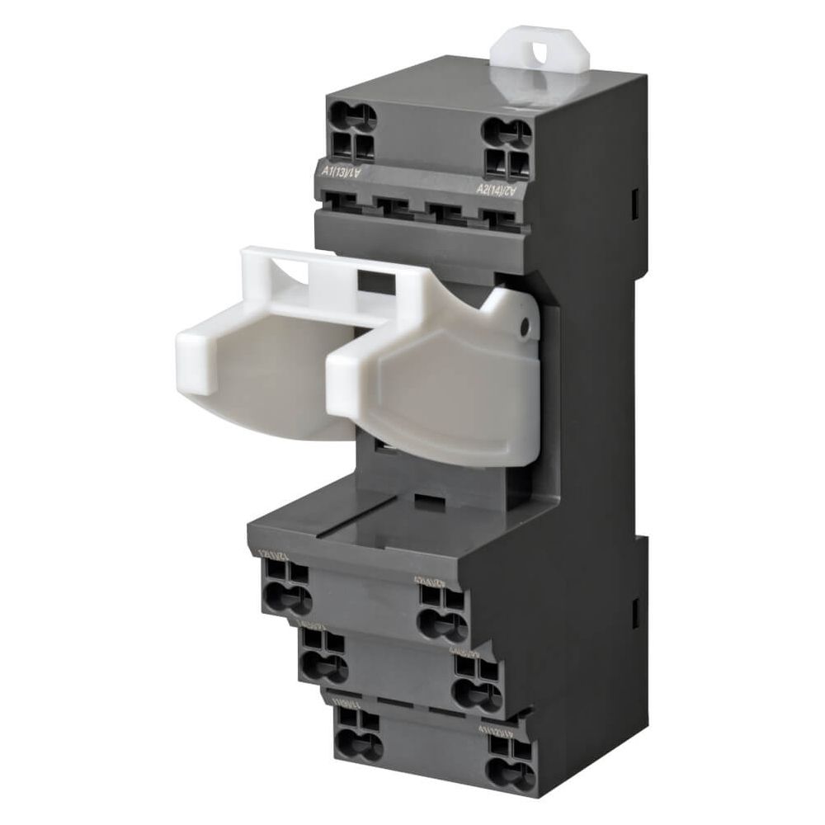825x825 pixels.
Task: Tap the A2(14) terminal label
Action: click(x=497, y=190)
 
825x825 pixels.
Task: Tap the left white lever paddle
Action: click(x=247, y=371)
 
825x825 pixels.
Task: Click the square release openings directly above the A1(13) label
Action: click(x=356, y=149)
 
